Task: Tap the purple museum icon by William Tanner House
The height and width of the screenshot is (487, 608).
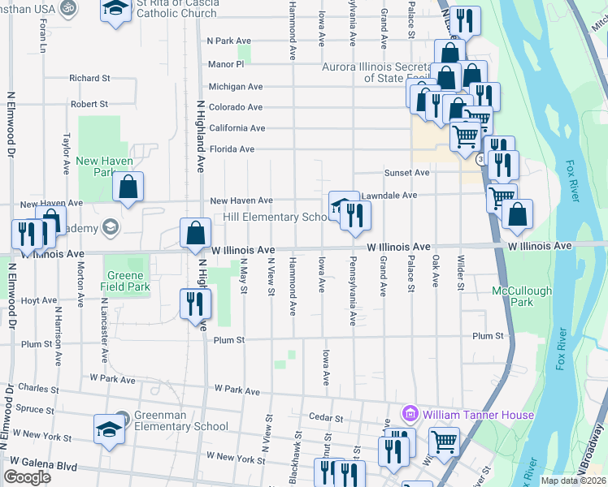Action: click(x=410, y=415)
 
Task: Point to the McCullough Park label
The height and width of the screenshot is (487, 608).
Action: click(x=522, y=295)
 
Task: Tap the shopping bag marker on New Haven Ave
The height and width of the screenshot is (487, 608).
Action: click(x=128, y=188)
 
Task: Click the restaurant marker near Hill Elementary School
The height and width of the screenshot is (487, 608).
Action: click(x=355, y=214)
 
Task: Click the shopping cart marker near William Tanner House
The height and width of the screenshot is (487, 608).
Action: click(x=444, y=442)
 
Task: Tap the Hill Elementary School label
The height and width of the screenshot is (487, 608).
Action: click(x=276, y=218)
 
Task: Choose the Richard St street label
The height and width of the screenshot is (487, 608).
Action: click(x=89, y=79)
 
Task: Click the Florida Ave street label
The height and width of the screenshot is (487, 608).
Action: click(x=232, y=149)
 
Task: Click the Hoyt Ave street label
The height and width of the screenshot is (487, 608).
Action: click(x=39, y=300)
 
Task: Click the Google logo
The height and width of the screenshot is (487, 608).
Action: click(x=27, y=477)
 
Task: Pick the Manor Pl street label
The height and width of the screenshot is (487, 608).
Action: click(x=225, y=64)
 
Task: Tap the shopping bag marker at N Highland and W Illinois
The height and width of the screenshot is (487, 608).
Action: click(x=195, y=234)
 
